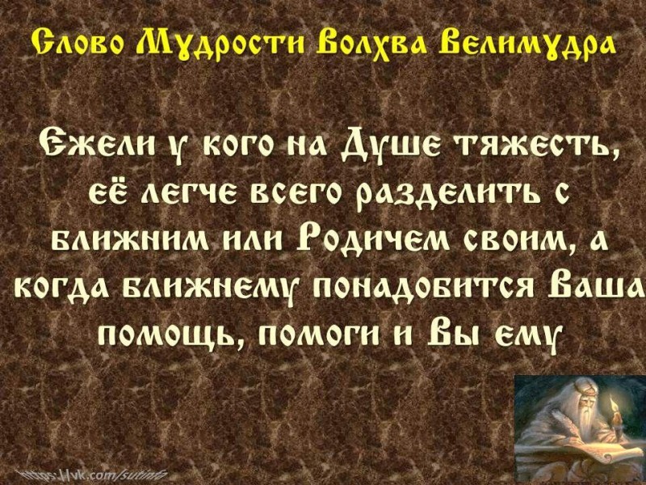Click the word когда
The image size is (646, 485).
[67, 288]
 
